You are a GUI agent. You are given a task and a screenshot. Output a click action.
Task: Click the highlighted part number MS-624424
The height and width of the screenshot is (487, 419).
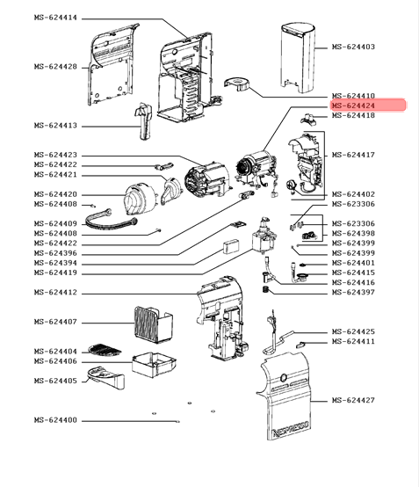[353, 105]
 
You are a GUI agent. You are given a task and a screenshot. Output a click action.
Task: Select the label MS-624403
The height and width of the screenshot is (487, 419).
[353, 47]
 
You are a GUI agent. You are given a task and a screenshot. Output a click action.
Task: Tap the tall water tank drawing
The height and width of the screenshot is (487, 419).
[298, 57]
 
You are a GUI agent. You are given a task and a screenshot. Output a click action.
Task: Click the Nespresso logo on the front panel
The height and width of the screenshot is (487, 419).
[291, 430]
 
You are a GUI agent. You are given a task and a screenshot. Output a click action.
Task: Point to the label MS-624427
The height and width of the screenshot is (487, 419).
[353, 400]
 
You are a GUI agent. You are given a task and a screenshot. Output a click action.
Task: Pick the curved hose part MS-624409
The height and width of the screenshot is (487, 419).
[111, 220]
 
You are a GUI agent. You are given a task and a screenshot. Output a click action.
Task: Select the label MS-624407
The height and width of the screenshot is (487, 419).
[55, 322]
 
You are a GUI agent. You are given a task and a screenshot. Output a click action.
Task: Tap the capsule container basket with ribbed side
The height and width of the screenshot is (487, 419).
[154, 324]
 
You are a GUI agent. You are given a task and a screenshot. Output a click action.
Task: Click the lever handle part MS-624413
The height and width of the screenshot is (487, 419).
[143, 121]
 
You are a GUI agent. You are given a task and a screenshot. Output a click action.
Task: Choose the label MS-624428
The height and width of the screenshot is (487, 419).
[55, 67]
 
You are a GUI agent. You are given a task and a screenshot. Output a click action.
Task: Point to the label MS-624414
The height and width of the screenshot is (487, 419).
[55, 18]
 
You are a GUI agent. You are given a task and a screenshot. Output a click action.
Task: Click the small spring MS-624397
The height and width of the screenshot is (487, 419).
[265, 290]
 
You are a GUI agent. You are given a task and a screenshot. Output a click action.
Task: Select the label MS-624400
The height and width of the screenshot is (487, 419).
[55, 420]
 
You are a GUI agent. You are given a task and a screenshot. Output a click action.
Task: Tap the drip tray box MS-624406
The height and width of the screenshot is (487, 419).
[154, 365]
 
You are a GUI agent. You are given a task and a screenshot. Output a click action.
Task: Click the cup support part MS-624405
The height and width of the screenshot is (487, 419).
[106, 377]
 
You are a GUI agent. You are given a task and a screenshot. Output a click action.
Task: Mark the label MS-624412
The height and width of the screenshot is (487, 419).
[55, 292]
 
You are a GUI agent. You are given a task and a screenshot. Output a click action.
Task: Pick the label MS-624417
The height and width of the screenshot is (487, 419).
[353, 155]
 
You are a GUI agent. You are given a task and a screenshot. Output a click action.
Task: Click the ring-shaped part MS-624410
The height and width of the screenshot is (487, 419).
[237, 84]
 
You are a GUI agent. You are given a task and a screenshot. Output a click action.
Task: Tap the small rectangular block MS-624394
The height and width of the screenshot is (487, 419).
[231, 247]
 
